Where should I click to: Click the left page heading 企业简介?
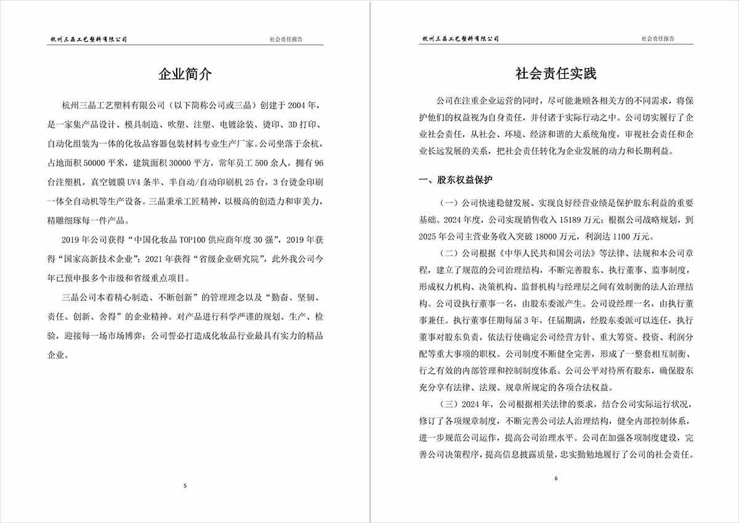coord(185,74)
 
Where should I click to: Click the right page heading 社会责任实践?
coord(555,74)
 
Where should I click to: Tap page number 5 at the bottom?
coord(185,486)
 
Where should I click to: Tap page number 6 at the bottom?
coord(555,479)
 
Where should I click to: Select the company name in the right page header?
coord(460,39)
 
